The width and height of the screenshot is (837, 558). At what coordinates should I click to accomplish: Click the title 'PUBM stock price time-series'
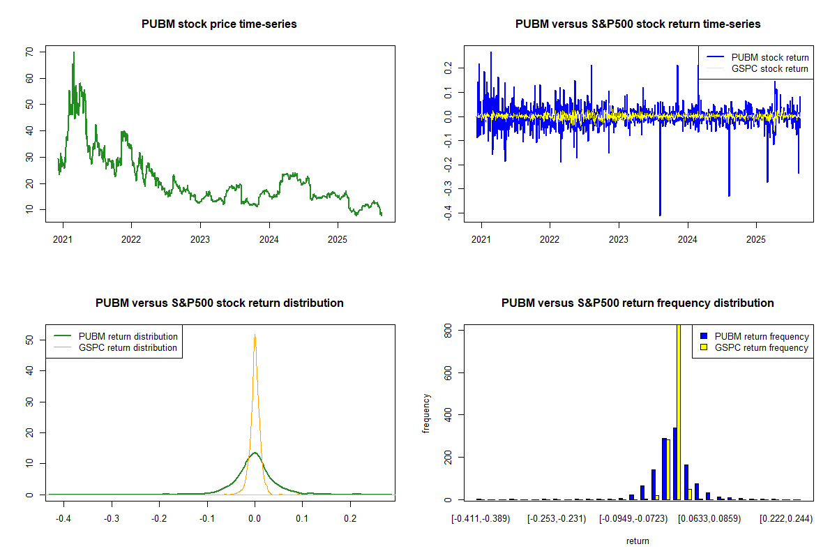click(x=219, y=24)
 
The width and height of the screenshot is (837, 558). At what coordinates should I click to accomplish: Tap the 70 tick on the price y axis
click(x=29, y=52)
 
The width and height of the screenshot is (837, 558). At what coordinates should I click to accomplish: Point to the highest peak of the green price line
click(x=73, y=53)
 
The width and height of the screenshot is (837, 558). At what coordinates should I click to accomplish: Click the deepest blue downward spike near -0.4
click(x=660, y=213)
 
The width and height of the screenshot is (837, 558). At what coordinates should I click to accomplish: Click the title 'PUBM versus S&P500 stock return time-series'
click(x=638, y=24)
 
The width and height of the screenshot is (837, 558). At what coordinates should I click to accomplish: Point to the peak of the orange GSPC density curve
click(x=255, y=335)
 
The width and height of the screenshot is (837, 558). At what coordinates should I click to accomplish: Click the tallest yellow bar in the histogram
click(x=679, y=412)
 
